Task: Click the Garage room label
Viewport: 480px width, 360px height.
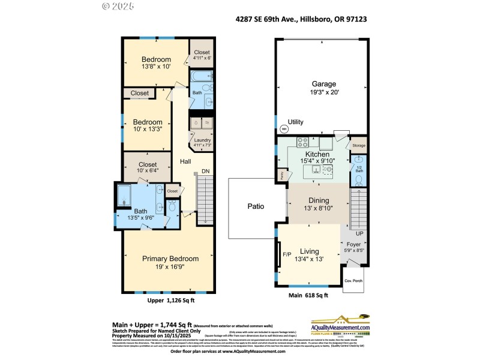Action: (x=323, y=84)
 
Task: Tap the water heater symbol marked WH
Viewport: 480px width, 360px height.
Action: (x=284, y=127)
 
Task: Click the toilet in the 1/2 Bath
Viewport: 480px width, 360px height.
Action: (x=358, y=178)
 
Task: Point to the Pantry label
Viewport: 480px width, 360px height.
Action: (x=281, y=175)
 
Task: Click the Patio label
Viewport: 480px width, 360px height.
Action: (x=256, y=206)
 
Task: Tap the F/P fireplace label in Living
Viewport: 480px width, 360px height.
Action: (x=287, y=254)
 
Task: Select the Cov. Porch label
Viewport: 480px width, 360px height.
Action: (x=352, y=281)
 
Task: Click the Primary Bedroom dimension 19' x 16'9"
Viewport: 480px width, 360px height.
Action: (x=170, y=268)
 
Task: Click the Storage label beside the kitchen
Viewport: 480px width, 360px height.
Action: (x=358, y=145)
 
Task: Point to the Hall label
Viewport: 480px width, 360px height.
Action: (x=185, y=162)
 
